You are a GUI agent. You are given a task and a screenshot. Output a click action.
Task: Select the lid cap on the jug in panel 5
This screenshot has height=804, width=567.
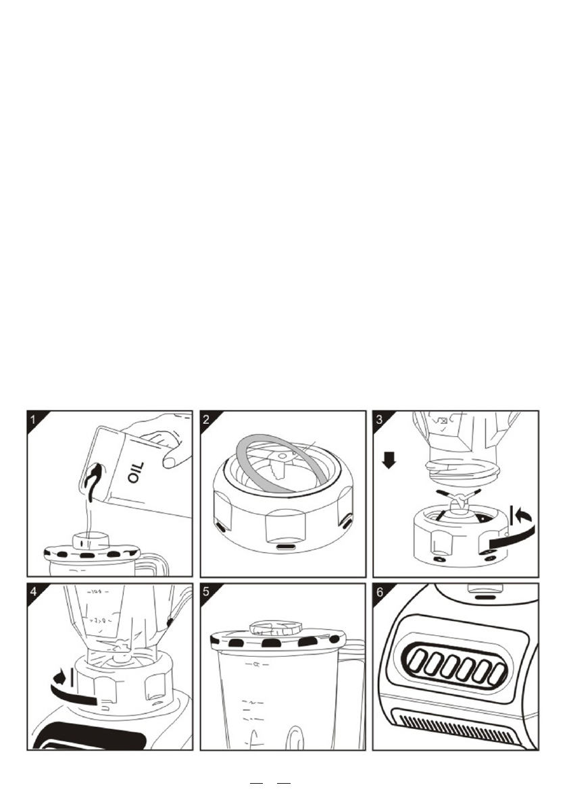[x=275, y=628]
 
